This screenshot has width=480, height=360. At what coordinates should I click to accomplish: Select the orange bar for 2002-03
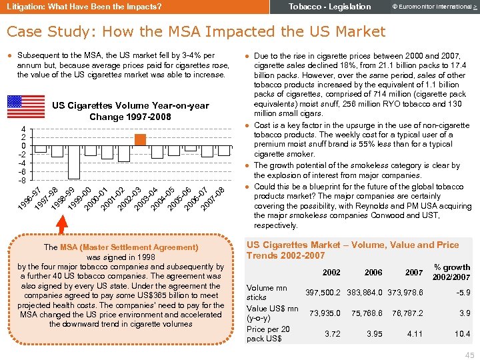[140, 139]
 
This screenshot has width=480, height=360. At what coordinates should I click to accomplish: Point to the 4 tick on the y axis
[23, 129]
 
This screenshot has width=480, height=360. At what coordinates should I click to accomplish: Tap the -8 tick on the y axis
[22, 181]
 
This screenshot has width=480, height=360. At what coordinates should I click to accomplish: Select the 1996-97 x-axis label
[29, 198]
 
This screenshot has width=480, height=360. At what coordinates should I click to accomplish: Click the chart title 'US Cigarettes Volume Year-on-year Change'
[130, 111]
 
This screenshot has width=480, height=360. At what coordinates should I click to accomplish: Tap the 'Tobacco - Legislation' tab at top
[329, 7]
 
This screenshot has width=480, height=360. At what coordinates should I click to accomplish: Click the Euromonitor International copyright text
[427, 7]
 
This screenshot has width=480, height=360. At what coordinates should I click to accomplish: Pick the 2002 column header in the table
[331, 273]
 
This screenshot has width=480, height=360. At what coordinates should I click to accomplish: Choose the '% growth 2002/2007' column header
[451, 272]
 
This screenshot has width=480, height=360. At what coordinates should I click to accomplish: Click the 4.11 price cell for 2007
[415, 333]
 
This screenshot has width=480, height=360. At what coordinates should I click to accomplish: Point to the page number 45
[469, 354]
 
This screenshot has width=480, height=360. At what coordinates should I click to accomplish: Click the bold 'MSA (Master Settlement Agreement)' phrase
[129, 247]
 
